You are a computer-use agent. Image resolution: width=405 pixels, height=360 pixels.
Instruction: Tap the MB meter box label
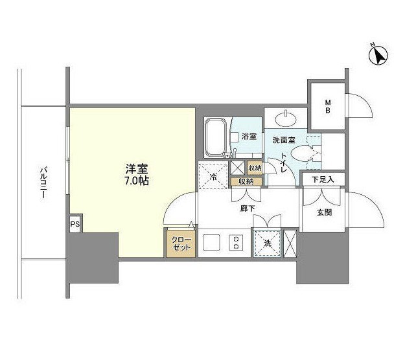point(328,107)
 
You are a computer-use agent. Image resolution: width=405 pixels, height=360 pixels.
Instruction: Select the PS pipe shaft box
point(75,224)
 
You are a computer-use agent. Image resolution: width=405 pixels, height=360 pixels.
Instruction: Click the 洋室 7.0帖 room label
point(137,175)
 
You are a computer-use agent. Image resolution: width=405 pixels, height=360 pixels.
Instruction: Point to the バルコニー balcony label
point(44,183)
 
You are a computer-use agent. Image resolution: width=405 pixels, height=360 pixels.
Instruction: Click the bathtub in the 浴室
point(216,137)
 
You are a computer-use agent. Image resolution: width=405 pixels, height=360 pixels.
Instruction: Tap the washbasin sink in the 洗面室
point(286,119)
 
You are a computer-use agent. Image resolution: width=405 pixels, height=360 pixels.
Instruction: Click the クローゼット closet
point(181,243)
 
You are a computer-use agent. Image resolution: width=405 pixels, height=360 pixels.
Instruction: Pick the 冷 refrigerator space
point(214,175)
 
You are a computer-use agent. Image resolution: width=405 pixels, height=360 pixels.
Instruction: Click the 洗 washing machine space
point(268,243)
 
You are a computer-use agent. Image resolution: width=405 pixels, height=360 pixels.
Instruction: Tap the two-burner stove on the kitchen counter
point(236,242)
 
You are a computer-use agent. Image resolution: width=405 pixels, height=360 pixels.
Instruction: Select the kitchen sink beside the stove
point(211,242)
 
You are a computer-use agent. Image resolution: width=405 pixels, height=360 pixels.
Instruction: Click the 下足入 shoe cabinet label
point(323,179)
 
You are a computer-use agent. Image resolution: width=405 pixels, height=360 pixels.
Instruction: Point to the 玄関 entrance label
point(324,212)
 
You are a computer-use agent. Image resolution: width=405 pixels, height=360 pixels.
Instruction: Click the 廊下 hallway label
point(248,208)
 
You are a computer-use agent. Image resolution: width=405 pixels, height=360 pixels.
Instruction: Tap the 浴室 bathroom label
point(249,136)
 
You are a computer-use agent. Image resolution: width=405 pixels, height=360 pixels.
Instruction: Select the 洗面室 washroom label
point(284,140)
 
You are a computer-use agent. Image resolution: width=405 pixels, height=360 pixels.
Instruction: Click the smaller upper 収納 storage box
point(255,168)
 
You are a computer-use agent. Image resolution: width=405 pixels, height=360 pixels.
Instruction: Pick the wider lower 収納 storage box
point(246,182)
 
